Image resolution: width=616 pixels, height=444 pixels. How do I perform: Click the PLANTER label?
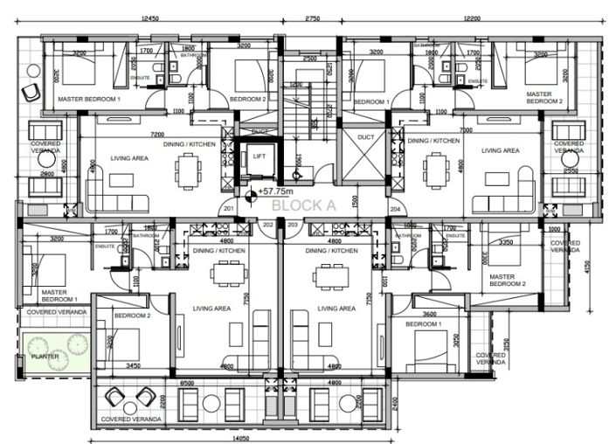click(x=45, y=357)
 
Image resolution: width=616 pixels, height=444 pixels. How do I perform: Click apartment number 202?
click(x=268, y=225)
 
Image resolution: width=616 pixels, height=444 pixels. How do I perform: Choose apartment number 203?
click(x=293, y=225)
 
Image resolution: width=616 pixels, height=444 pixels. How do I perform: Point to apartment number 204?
click(x=394, y=210)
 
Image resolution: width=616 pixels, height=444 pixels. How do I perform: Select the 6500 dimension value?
click(x=187, y=382)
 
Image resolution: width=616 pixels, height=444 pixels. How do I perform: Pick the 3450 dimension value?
click(x=134, y=365)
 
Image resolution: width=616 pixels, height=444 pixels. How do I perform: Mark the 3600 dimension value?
click(x=429, y=315)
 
